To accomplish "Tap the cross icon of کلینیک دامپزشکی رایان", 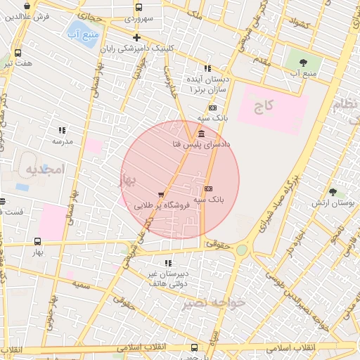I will [x=136, y=37].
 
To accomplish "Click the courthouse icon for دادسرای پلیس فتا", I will [x=202, y=134].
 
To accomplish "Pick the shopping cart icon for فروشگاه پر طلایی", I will [x=162, y=195].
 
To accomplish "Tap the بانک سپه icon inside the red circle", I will [x=208, y=188].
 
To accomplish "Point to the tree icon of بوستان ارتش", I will [x=333, y=191].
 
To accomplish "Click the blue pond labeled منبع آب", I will [x=76, y=31].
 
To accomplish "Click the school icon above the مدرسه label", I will [x=62, y=130].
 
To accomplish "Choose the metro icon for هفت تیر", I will [x=18, y=53].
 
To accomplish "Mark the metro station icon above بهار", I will [x=37, y=241].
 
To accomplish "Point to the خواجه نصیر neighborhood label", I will [x=214, y=302].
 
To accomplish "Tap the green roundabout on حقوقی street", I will [x=242, y=250].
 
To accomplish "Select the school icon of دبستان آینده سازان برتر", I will [x=207, y=68].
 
